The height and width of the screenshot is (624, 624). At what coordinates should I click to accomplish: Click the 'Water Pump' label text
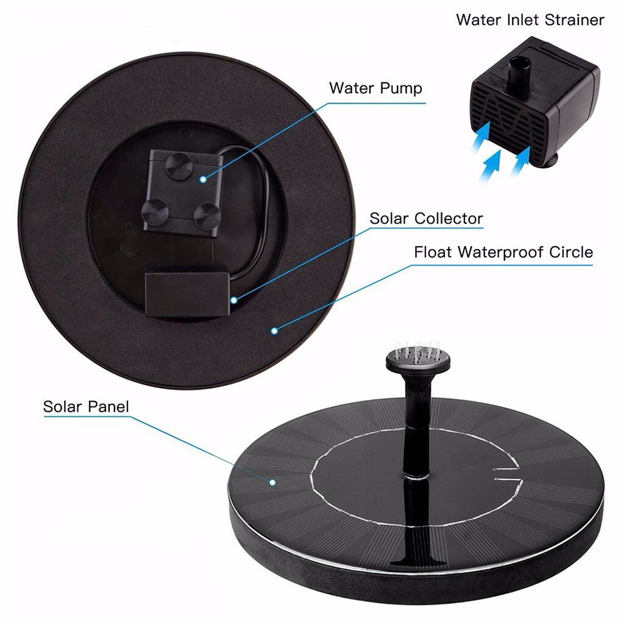[x=375, y=88]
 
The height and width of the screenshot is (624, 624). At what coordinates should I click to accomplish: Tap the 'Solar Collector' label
[x=426, y=218]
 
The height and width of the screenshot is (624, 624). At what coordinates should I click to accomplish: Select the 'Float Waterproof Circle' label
[x=503, y=252]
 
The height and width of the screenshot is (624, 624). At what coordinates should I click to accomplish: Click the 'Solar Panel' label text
[x=86, y=406]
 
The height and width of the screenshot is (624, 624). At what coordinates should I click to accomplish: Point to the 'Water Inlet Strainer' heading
[x=530, y=19]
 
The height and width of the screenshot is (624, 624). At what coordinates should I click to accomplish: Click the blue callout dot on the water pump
[x=204, y=179]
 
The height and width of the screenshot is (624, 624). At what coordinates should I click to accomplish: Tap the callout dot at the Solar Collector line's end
[x=233, y=299]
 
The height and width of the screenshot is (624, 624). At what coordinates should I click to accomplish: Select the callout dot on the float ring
[x=275, y=331]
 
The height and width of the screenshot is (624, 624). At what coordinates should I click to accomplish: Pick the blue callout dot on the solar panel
[x=273, y=481]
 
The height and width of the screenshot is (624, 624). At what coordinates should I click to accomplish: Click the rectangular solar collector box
[x=186, y=295]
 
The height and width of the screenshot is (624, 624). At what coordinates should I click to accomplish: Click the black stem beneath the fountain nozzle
[x=415, y=427]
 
